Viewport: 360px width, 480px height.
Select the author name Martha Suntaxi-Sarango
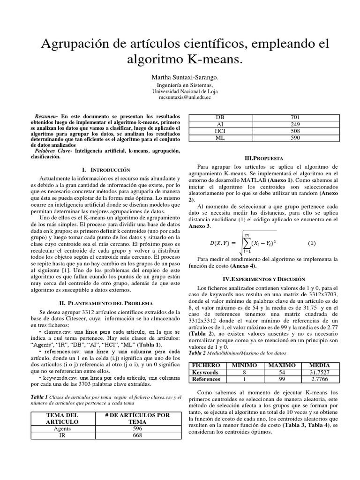tap(180, 76)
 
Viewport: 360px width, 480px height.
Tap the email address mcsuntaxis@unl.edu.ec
tap(180, 97)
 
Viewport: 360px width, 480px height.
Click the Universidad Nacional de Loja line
tap(180, 91)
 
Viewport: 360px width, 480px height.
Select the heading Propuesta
tap(267, 158)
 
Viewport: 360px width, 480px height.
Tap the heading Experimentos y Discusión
tap(267, 278)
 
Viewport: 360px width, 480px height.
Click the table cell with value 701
tap(296, 117)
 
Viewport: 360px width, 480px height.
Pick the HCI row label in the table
tap(220, 132)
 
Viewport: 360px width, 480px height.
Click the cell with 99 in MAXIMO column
tap(281, 379)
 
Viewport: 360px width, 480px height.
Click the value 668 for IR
tap(137, 435)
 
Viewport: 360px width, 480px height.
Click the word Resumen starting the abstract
tap(46, 115)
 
